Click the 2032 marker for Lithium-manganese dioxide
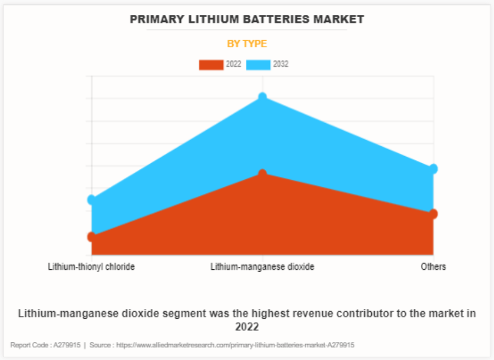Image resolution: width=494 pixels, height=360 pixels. click(262, 97)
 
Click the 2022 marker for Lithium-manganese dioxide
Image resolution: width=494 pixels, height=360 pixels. click(262, 174)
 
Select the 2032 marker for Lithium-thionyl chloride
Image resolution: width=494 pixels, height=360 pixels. click(92, 200)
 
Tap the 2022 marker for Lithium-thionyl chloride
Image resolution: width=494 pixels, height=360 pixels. click(92, 237)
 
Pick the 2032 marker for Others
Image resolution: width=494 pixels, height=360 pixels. click(433, 169)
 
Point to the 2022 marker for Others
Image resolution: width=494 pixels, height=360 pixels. click(433, 214)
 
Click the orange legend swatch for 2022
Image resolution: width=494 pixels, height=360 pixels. click(211, 64)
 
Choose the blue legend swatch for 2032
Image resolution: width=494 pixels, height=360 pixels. click(258, 64)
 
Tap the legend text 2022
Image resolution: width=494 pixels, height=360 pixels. click(233, 64)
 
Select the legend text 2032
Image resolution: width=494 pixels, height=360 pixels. click(281, 64)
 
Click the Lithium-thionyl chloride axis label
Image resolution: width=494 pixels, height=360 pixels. click(91, 267)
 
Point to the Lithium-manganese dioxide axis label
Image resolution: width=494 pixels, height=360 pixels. click(262, 267)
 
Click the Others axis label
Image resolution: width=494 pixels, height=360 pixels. click(433, 267)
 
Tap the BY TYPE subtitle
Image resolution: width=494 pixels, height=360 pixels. click(247, 44)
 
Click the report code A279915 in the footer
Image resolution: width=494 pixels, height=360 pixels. click(66, 345)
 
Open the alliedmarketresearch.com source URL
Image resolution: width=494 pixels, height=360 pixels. click(235, 345)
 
